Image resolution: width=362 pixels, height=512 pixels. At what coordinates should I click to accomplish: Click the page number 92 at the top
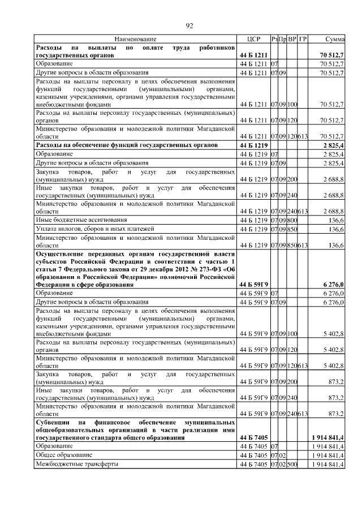(x=190, y=25)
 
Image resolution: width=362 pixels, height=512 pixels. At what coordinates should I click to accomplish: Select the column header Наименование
(x=135, y=39)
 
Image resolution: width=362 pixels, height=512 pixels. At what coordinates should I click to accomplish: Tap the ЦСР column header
(x=253, y=39)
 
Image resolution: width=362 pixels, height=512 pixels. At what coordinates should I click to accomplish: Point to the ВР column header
(x=292, y=39)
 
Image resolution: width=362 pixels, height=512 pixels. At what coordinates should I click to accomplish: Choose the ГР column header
(x=303, y=39)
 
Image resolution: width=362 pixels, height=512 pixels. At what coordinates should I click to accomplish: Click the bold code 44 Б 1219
(x=253, y=145)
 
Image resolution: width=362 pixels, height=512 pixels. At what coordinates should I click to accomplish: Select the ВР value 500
(x=292, y=464)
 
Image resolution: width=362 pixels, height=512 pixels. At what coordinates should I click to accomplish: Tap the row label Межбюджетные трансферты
(x=77, y=464)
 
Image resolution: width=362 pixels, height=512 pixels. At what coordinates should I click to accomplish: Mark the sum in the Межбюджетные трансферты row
(x=327, y=464)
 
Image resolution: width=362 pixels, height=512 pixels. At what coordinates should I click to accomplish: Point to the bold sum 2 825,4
(x=334, y=145)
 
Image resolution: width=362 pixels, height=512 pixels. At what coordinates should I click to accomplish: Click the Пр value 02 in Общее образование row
(x=282, y=455)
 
